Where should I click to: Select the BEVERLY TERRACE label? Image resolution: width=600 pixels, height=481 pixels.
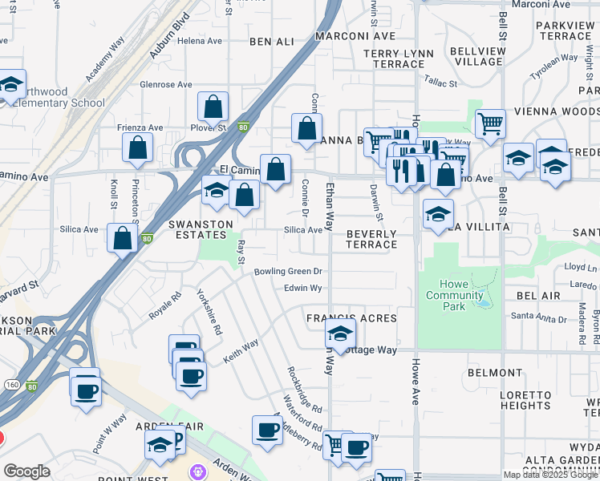[371, 239]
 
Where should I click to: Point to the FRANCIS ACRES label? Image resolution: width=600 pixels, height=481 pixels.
[351, 318]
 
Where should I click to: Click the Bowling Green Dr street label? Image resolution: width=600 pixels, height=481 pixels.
[288, 272]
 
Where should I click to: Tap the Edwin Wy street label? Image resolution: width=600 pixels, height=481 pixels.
[302, 288]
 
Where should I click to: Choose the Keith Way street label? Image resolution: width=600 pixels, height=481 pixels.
[241, 351]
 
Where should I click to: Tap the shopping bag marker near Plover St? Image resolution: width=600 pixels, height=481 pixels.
[213, 107]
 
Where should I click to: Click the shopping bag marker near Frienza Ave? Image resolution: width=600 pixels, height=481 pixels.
[138, 148]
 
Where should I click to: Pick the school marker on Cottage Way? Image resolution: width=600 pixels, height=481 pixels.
[341, 335]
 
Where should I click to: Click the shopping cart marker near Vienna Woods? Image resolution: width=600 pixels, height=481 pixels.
[490, 124]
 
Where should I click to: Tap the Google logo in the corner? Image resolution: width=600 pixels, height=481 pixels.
[26, 471]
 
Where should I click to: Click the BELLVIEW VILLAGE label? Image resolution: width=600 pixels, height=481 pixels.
[465, 55]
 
